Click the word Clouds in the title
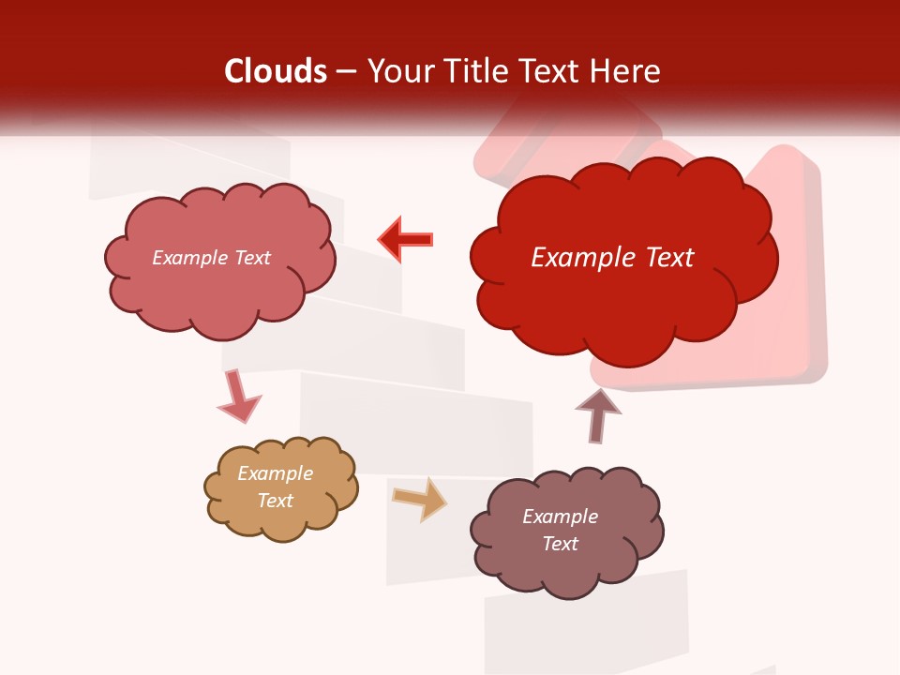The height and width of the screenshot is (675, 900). pyautogui.click(x=276, y=71)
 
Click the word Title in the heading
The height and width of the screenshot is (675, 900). pyautogui.click(x=475, y=71)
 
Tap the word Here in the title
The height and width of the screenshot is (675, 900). pyautogui.click(x=625, y=71)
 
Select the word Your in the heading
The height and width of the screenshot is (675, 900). pyautogui.click(x=397, y=71)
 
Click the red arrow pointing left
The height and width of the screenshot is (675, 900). pyautogui.click(x=406, y=239)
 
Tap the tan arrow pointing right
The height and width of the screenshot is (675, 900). pyautogui.click(x=419, y=499)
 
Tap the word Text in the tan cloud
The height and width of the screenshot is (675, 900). pyautogui.click(x=276, y=501)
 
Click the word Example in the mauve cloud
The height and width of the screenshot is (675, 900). pyautogui.click(x=560, y=517)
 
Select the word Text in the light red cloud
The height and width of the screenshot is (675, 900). pyautogui.click(x=250, y=258)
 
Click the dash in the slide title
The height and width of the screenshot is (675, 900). pyautogui.click(x=346, y=71)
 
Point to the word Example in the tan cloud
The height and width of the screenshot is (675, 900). pyautogui.click(x=276, y=473)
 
